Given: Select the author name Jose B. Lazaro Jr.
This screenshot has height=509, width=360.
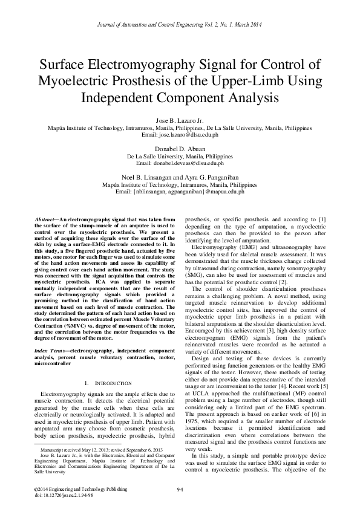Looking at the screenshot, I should click(x=180, y=122).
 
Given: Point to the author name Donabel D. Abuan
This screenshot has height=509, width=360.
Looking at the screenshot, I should click(x=180, y=149).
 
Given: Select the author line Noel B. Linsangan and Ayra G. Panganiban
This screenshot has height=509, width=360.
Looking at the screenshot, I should click(x=180, y=177).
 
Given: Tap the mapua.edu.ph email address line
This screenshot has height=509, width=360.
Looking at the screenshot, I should click(x=180, y=191).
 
